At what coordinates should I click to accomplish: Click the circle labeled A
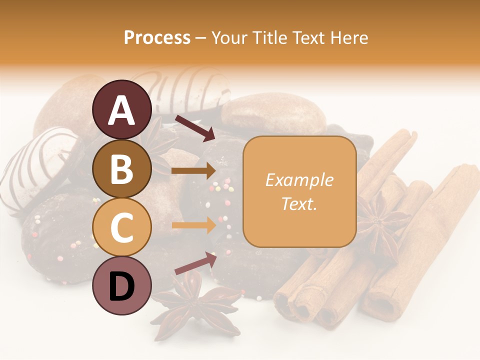(x=122, y=109)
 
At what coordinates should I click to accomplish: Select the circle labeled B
(x=122, y=168)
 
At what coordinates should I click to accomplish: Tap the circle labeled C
(x=122, y=227)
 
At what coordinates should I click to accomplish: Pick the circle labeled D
(x=122, y=285)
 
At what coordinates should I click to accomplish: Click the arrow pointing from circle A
(x=194, y=127)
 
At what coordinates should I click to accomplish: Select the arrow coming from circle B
(x=194, y=171)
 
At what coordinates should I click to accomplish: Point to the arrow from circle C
(x=194, y=225)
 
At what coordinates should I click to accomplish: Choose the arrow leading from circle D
(x=195, y=263)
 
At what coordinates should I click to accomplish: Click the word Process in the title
(x=157, y=37)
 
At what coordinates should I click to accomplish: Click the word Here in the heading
(x=348, y=37)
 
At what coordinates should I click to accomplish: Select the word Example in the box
(x=299, y=180)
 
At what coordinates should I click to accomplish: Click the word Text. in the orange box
(x=299, y=203)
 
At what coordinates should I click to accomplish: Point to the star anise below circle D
(x=196, y=306)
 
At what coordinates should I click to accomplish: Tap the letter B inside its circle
(x=122, y=168)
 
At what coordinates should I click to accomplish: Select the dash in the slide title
(x=201, y=38)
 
